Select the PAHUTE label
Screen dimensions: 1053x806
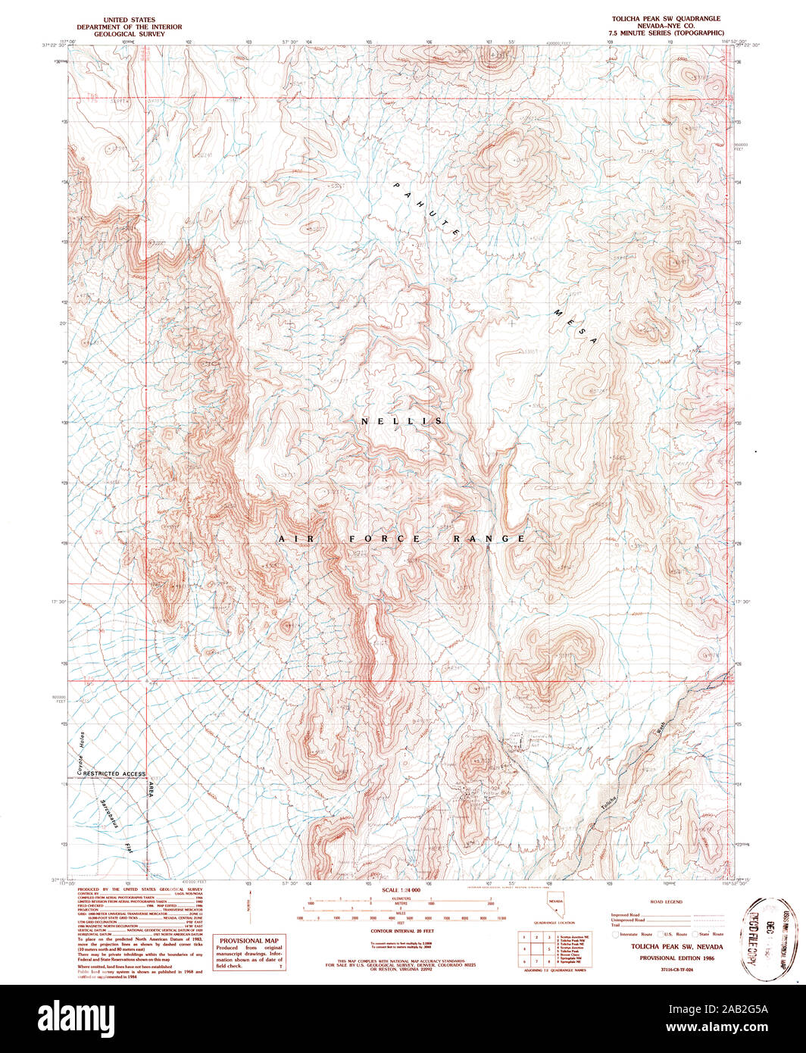[426, 210]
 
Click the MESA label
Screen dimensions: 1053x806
[576, 327]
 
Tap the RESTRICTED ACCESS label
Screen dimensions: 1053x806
[114, 773]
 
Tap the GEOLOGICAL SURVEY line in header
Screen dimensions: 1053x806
[129, 34]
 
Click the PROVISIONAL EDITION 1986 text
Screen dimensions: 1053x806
[667, 958]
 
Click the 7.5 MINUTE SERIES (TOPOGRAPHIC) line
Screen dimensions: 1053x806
[667, 33]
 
